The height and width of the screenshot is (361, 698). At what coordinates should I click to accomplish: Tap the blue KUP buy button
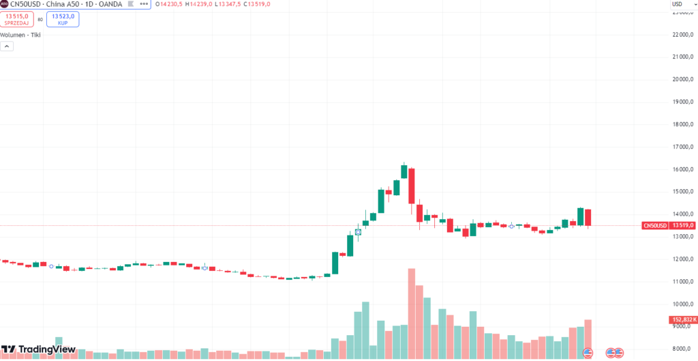point(62,18)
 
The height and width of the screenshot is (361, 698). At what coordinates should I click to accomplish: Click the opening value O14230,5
point(168,5)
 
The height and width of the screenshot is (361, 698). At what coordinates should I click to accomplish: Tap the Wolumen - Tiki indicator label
point(20,34)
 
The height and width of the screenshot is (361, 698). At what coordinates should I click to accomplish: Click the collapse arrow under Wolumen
point(7,46)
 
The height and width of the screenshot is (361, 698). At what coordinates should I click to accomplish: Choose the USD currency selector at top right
point(677,4)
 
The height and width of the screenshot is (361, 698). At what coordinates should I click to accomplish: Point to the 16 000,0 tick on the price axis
point(682,169)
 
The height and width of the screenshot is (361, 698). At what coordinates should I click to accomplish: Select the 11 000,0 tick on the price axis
point(682,281)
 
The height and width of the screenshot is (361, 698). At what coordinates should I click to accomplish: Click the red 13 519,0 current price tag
point(669,225)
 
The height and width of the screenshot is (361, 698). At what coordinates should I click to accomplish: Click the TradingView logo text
point(46,349)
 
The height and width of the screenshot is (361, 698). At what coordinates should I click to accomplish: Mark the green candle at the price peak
point(404,171)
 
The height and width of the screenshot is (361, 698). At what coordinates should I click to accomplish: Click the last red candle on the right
point(588,217)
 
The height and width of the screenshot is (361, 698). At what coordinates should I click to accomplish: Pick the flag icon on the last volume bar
point(589,352)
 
